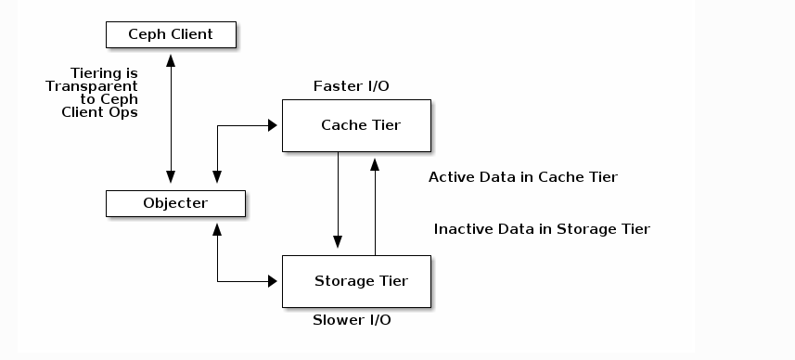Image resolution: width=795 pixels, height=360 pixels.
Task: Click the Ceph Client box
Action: [171, 35]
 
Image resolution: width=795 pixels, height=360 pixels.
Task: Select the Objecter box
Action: [175, 203]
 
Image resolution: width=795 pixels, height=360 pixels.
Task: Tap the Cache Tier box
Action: [356, 125]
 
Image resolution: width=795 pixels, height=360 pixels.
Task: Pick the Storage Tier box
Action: [356, 281]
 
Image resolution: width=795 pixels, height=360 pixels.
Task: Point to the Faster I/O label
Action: [351, 86]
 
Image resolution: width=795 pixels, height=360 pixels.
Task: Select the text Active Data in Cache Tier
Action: [522, 177]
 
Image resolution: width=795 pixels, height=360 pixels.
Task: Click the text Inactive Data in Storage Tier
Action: [542, 229]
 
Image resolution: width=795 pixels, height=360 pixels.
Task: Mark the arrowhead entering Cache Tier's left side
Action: [275, 125]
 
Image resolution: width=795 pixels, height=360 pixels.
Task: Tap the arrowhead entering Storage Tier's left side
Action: [275, 281]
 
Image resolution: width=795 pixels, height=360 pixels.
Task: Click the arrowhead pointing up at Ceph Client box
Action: [171, 56]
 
